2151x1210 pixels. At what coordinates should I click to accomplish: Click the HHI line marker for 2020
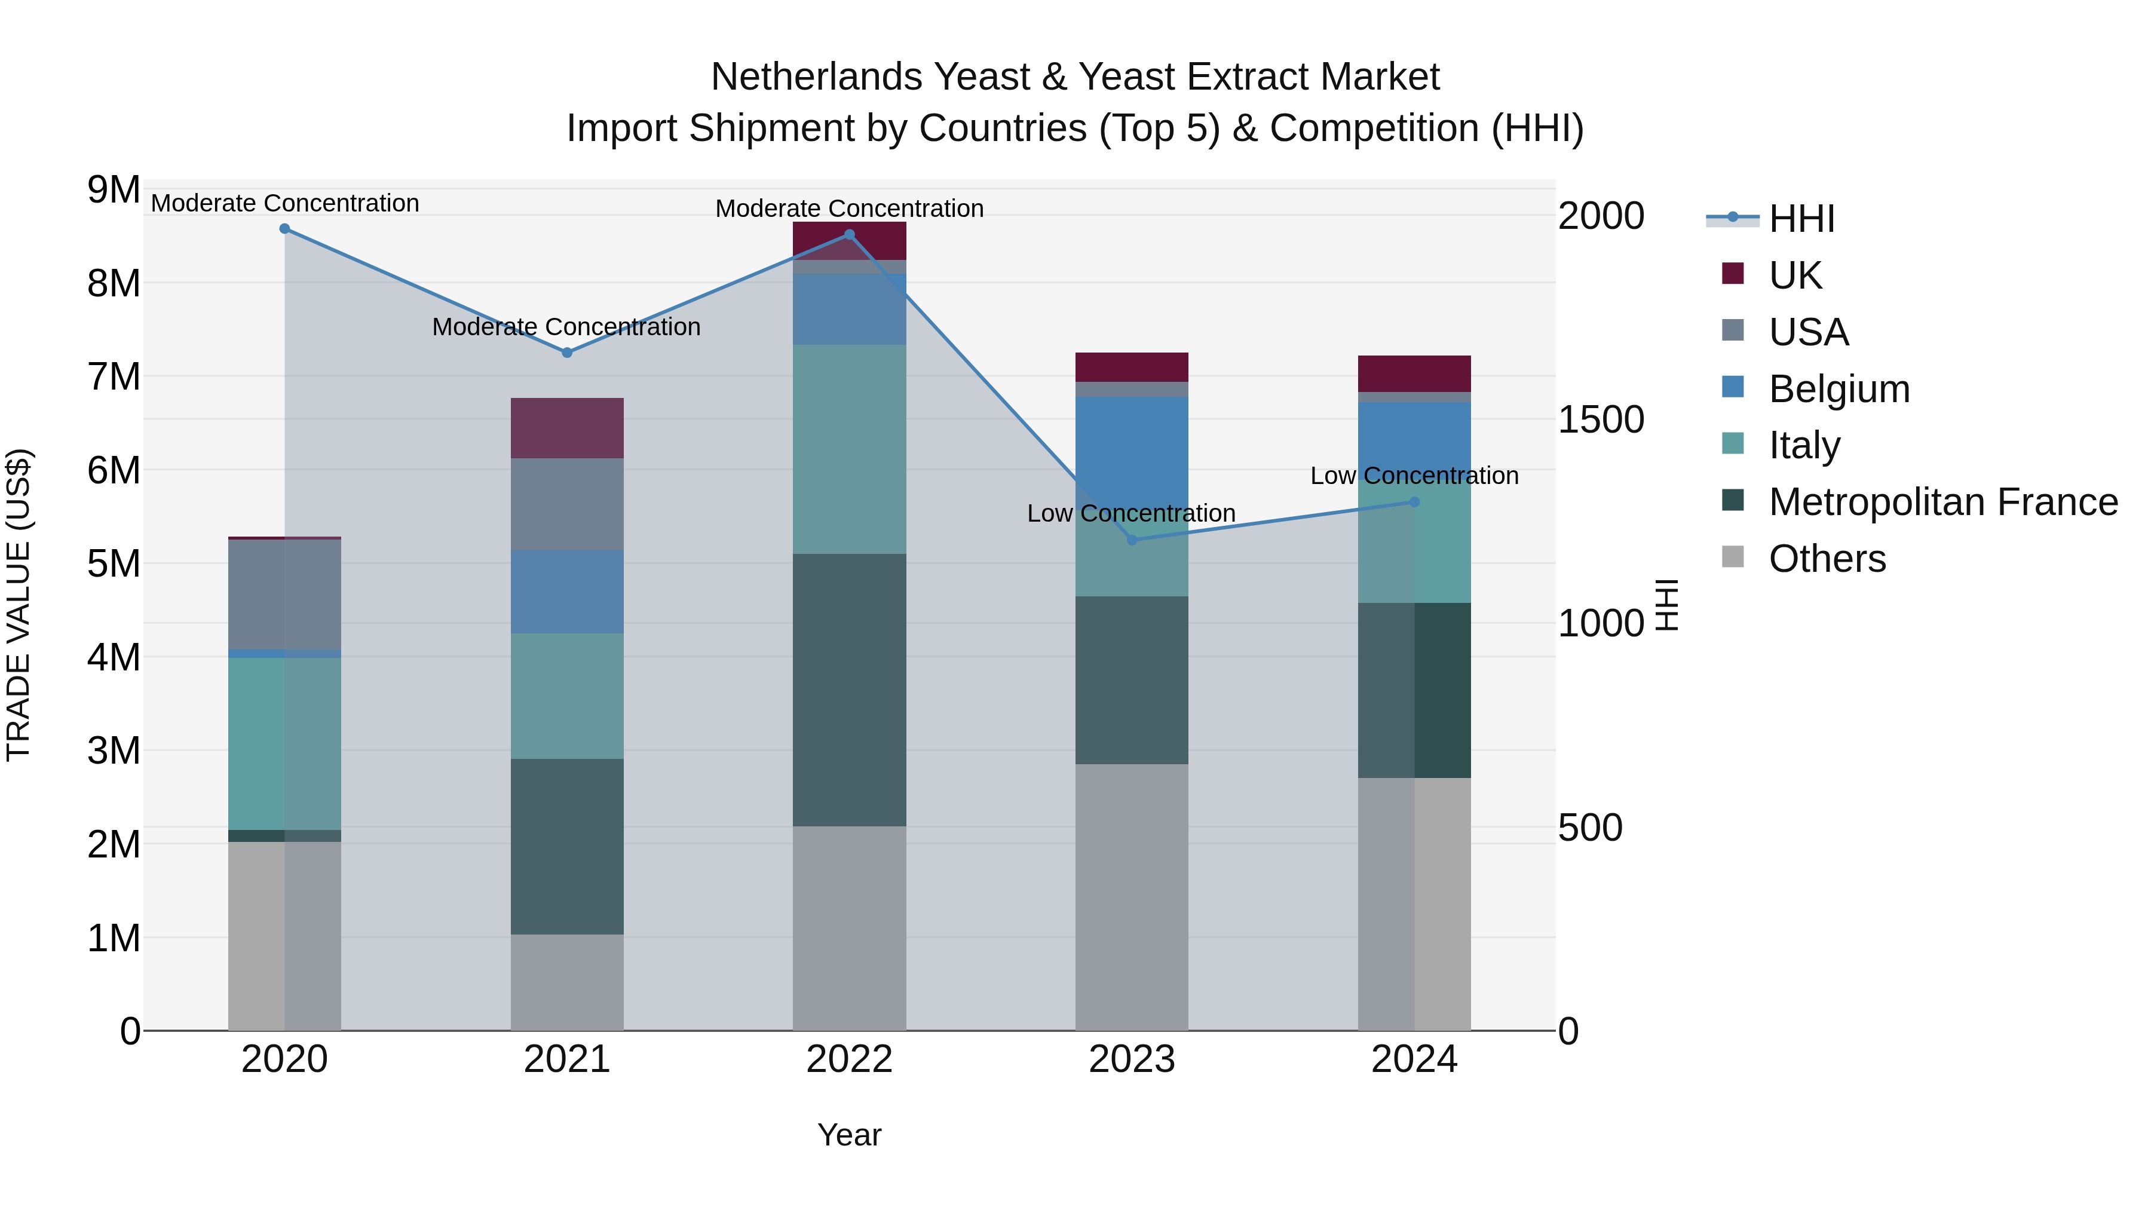tap(285, 229)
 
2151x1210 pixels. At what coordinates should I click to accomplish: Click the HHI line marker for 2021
tap(567, 353)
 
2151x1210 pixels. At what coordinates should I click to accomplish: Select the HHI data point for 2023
tap(1132, 540)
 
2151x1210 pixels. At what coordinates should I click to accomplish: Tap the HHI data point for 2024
tap(1414, 502)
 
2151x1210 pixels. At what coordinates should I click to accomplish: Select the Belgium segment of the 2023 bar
tap(1132, 451)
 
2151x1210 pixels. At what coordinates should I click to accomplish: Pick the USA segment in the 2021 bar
tap(567, 504)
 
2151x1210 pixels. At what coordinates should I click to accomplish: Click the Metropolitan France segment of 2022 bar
tap(849, 690)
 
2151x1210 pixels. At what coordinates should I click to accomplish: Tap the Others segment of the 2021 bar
tap(567, 982)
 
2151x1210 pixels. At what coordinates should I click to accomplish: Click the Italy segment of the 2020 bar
tap(285, 743)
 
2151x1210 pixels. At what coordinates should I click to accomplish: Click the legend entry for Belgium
tap(1838, 389)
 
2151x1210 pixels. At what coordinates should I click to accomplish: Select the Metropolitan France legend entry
tap(1942, 502)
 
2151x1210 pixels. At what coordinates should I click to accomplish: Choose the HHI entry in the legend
tap(1801, 219)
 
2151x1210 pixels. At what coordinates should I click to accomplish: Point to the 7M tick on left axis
tap(114, 376)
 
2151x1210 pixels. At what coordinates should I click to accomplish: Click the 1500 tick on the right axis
tap(1601, 419)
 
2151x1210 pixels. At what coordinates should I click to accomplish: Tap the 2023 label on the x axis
tap(1132, 1059)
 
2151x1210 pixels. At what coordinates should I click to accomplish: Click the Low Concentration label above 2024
tap(1414, 476)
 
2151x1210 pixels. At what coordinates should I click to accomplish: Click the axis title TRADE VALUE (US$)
tap(19, 605)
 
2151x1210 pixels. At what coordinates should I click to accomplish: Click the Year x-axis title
tap(849, 1135)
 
